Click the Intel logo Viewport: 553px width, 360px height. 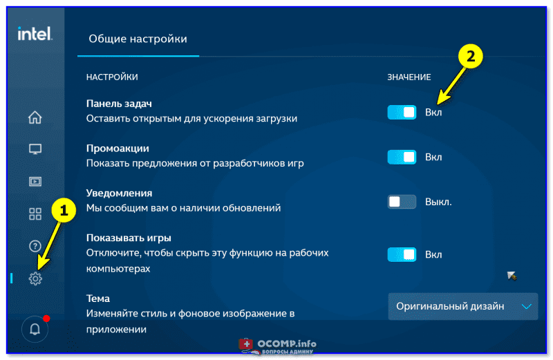35,34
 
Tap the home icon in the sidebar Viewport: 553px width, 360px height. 35,117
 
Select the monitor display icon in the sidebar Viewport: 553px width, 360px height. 35,149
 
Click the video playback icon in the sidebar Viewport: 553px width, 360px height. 35,182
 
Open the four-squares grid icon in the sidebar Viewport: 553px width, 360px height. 35,214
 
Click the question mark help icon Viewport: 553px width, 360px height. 35,246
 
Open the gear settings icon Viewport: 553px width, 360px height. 35,278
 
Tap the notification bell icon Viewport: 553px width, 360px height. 35,330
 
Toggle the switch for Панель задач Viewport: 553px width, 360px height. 402,113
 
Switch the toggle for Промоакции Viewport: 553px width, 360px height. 402,157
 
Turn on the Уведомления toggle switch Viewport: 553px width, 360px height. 402,202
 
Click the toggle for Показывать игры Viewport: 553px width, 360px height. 402,254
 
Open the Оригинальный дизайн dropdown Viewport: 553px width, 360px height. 463,306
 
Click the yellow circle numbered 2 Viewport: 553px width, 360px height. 471,56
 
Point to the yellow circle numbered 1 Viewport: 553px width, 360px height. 64,211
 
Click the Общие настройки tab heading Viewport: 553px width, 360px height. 138,39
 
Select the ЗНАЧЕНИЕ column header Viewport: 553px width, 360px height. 409,77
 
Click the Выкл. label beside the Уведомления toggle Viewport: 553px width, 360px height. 438,202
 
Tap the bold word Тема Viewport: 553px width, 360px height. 98,299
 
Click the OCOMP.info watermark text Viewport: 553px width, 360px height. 287,343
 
